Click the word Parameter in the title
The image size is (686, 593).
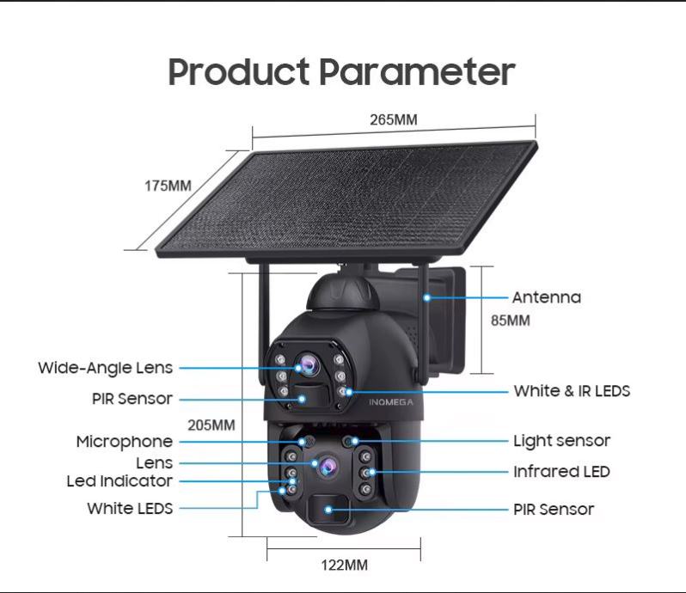pyautogui.click(x=417, y=71)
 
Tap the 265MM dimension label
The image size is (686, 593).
pyautogui.click(x=394, y=119)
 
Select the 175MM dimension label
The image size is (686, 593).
pyautogui.click(x=168, y=186)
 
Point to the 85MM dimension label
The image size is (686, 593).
pyautogui.click(x=510, y=321)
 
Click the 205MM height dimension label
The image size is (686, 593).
pyautogui.click(x=211, y=425)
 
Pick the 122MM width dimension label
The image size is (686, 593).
pyautogui.click(x=345, y=565)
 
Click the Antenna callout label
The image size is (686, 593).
pyautogui.click(x=547, y=297)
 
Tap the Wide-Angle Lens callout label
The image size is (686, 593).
pyautogui.click(x=106, y=368)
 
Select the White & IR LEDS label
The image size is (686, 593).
pyautogui.click(x=572, y=391)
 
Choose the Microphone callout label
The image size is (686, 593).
pyautogui.click(x=125, y=442)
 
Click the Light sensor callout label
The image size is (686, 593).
pyautogui.click(x=561, y=441)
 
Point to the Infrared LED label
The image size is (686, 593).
pyautogui.click(x=561, y=472)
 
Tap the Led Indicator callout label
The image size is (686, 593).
pyautogui.click(x=119, y=481)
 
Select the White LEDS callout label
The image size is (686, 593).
pyautogui.click(x=130, y=508)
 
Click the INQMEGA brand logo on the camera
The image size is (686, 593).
pyautogui.click(x=390, y=402)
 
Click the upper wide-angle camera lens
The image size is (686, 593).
pyautogui.click(x=308, y=364)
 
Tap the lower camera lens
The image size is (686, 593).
pyautogui.click(x=328, y=467)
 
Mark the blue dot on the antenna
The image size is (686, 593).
pyautogui.click(x=427, y=298)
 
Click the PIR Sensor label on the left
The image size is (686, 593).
pyautogui.click(x=132, y=399)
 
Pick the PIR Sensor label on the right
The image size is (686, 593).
pyautogui.click(x=554, y=510)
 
